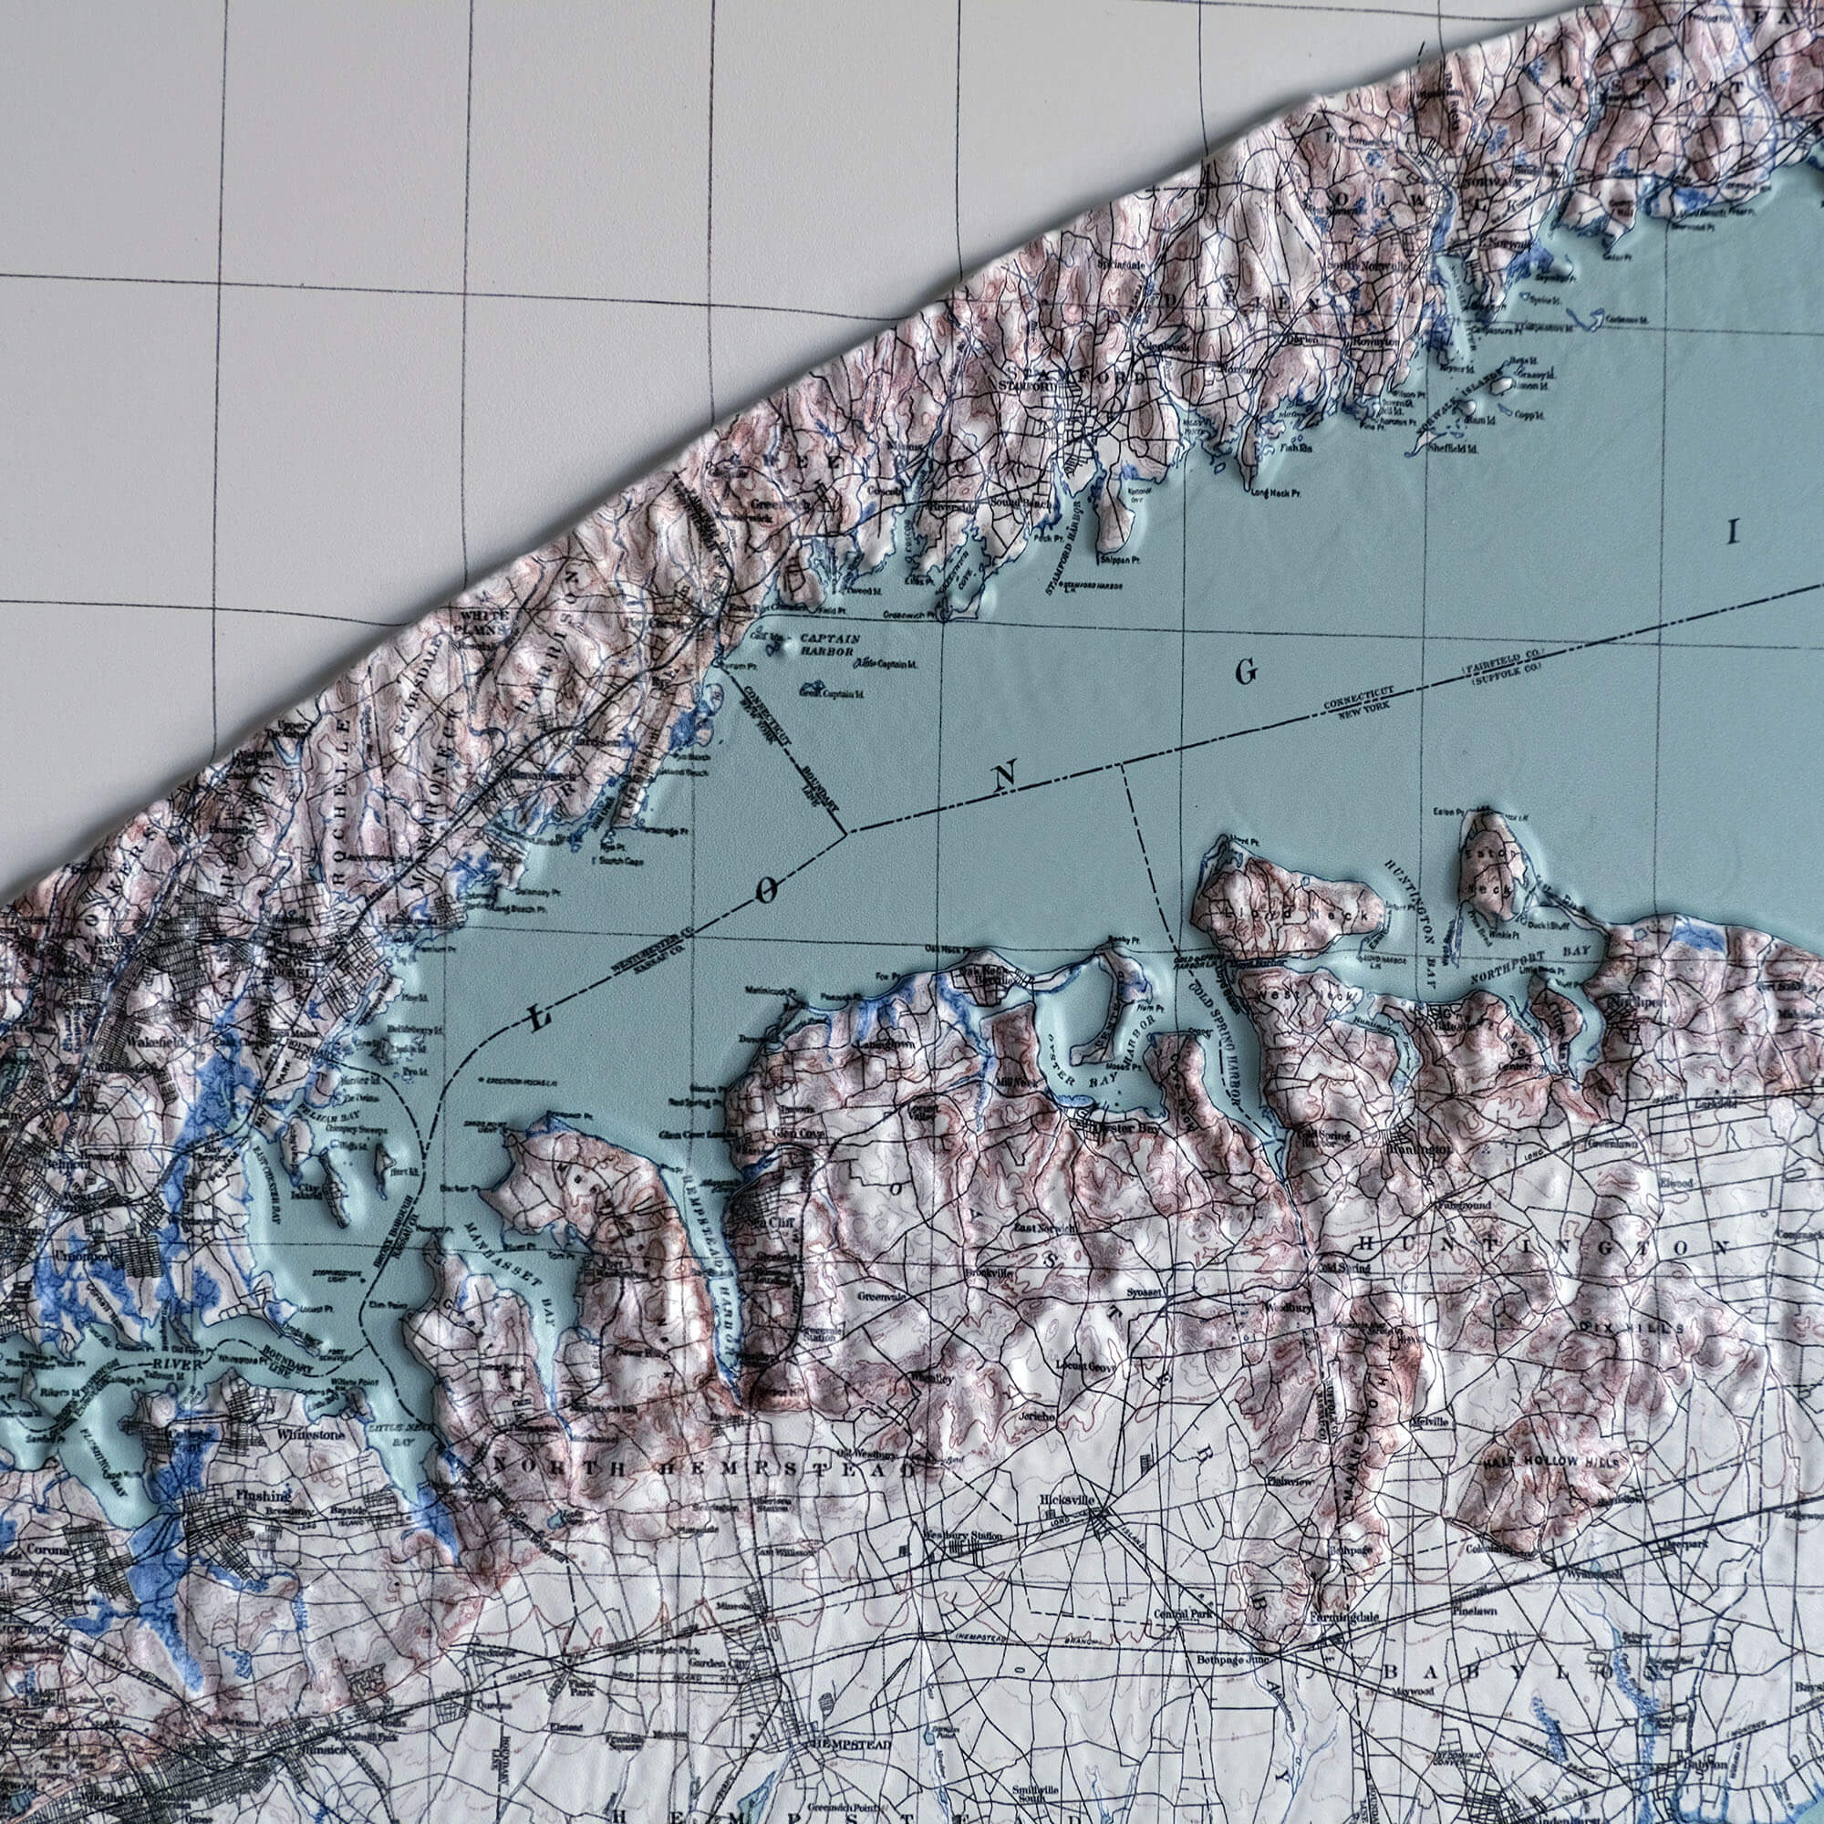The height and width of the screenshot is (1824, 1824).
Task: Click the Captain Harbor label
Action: tap(829, 645)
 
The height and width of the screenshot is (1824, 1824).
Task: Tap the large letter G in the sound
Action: tap(1246, 672)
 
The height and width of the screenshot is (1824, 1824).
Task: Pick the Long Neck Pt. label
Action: tap(1275, 492)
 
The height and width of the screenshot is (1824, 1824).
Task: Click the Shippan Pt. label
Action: tap(1118, 559)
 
